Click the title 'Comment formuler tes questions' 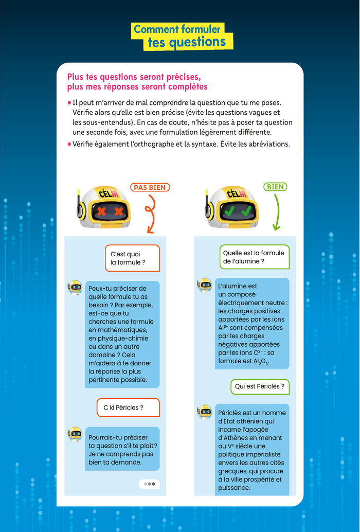click(179, 36)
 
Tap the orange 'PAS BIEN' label click(150, 187)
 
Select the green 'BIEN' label click(276, 187)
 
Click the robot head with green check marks click(234, 208)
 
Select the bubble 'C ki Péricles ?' click(128, 407)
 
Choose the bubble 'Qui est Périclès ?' click(260, 386)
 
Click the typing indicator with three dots click(150, 484)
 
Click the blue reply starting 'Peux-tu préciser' click(123, 334)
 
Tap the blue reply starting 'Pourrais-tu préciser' click(123, 449)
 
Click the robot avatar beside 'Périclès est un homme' click(205, 412)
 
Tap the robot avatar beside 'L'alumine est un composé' click(205, 285)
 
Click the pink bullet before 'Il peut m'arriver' click(69, 103)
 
